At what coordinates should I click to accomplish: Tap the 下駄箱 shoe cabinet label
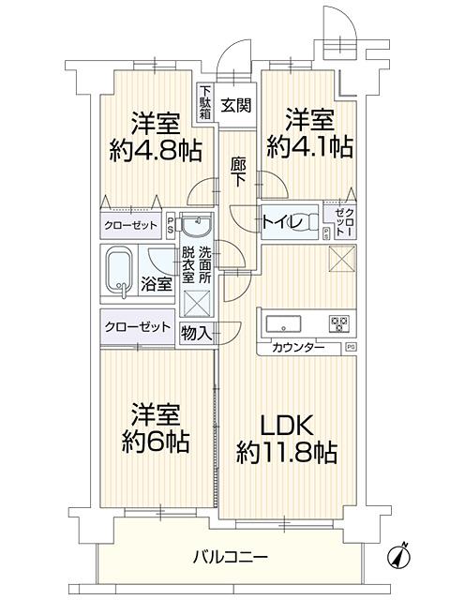[204, 101]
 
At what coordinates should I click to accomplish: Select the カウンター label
[297, 348]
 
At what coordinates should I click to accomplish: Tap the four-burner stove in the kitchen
[338, 324]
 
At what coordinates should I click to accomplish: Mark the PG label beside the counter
[351, 347]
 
